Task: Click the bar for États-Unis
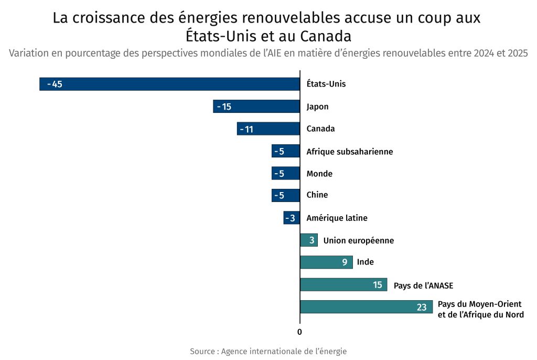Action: click(169, 84)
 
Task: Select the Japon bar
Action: click(256, 107)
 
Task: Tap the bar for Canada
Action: click(268, 129)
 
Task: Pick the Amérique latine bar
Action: click(292, 218)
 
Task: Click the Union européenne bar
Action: click(309, 240)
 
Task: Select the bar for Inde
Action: click(326, 262)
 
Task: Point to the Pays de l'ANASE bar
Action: click(343, 285)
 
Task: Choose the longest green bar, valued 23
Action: click(366, 307)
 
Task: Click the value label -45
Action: click(55, 84)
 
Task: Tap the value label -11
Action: click(246, 129)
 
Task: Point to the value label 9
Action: click(345, 262)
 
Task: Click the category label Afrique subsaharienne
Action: click(350, 152)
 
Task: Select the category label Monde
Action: click(319, 174)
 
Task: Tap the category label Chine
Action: click(317, 195)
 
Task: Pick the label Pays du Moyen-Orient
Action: click(480, 304)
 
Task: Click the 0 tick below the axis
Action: click(299, 332)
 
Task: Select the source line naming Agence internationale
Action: click(268, 351)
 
